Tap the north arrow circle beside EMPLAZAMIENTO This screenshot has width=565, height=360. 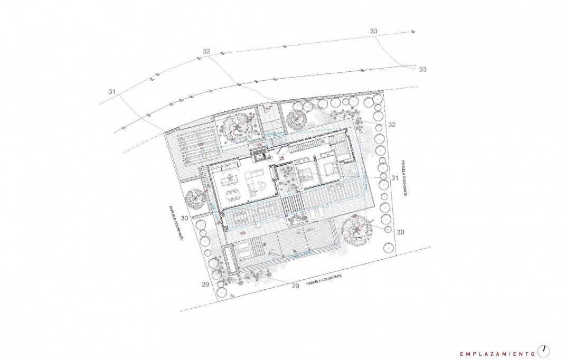pos(544,350)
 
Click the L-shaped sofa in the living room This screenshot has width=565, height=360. pos(259,183)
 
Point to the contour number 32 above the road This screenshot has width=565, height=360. pos(206,51)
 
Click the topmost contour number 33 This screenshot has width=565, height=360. pos(374,32)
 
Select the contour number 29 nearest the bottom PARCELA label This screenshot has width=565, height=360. pos(295,286)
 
